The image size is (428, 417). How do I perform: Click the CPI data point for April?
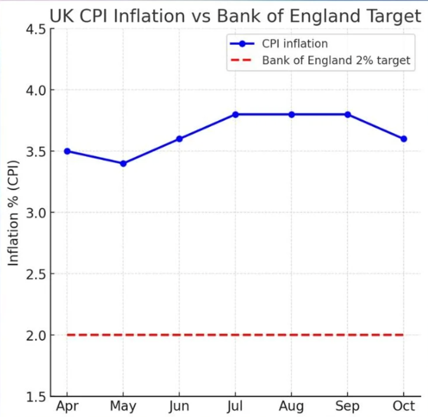click(x=67, y=151)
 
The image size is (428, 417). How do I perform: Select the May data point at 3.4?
click(x=123, y=163)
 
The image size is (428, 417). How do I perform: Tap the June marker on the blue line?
click(x=179, y=139)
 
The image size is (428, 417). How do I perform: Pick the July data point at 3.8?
click(x=235, y=114)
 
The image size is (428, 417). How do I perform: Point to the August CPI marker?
click(x=291, y=114)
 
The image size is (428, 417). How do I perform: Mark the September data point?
click(x=348, y=114)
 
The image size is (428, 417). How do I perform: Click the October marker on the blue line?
click(x=404, y=139)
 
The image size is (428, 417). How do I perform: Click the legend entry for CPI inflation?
click(x=294, y=44)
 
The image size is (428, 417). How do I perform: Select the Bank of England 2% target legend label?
click(x=336, y=60)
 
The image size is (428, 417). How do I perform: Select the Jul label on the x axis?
click(x=235, y=407)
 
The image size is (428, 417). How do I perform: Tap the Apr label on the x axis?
click(x=67, y=407)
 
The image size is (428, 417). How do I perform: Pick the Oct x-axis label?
click(x=404, y=407)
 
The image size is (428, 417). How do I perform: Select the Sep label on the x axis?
click(x=348, y=407)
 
